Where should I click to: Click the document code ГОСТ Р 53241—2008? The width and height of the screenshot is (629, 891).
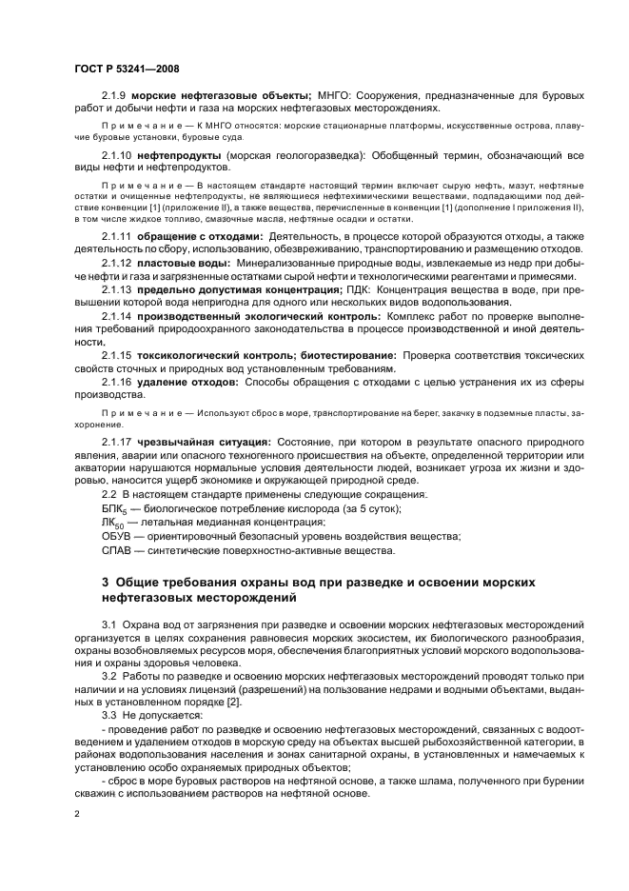[128, 69]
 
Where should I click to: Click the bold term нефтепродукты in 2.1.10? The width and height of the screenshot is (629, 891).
[181, 154]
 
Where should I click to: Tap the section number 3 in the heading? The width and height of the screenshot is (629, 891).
[106, 583]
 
